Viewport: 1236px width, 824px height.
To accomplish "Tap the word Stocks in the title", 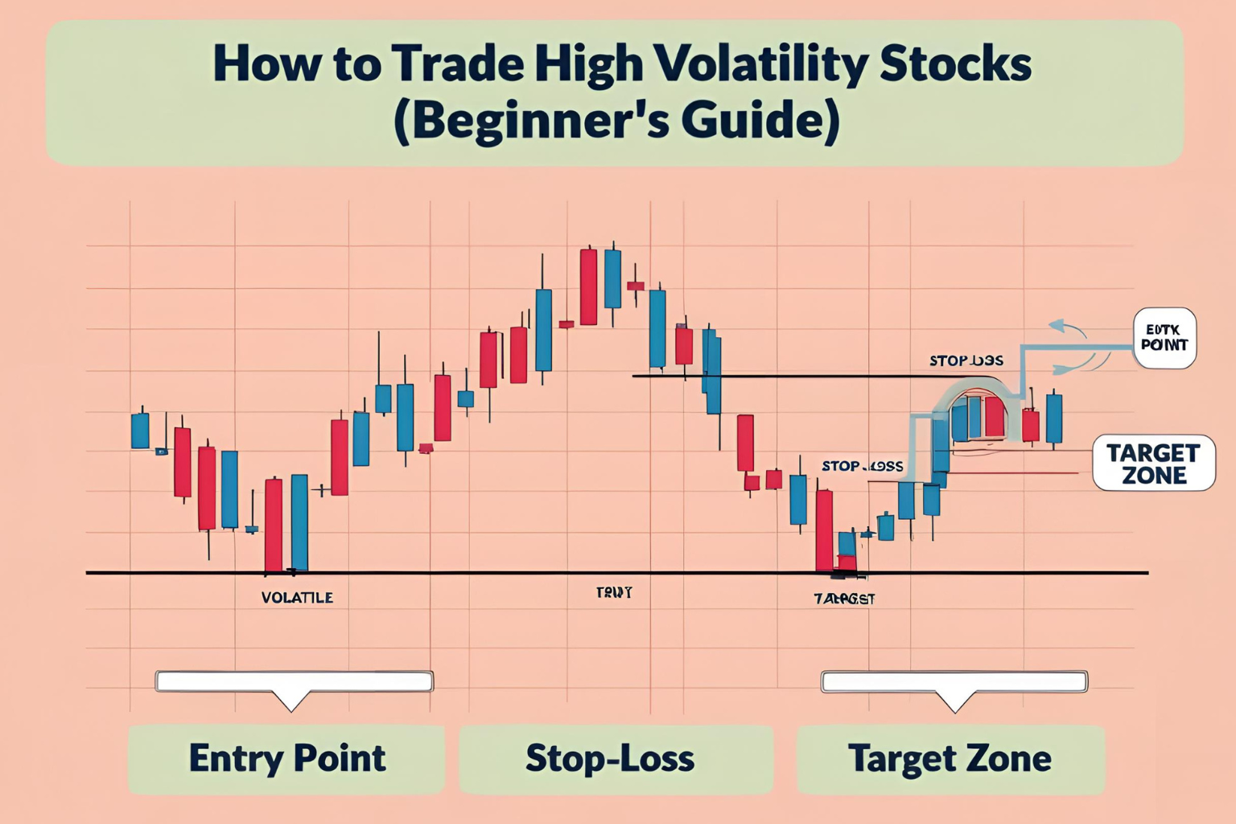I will [955, 64].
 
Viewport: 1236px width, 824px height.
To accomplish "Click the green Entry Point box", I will [286, 759].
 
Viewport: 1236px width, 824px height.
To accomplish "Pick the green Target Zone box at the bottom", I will [950, 759].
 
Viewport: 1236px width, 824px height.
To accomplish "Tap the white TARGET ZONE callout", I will [1153, 463].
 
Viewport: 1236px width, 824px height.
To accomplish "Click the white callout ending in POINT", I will [1164, 338].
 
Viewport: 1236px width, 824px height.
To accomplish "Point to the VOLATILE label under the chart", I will [297, 598].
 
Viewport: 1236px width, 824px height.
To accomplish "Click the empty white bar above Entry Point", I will [294, 682].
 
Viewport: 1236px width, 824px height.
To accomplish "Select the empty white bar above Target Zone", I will [954, 682].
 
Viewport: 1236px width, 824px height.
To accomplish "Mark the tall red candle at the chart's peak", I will [588, 286].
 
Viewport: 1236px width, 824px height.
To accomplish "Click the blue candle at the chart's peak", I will [612, 278].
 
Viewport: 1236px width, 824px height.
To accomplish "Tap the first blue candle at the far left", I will [140, 431].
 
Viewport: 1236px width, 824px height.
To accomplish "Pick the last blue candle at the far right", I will [1053, 418].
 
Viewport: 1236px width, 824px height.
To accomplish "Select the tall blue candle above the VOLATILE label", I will [299, 522].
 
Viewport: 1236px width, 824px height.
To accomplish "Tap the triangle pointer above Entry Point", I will [291, 701].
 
